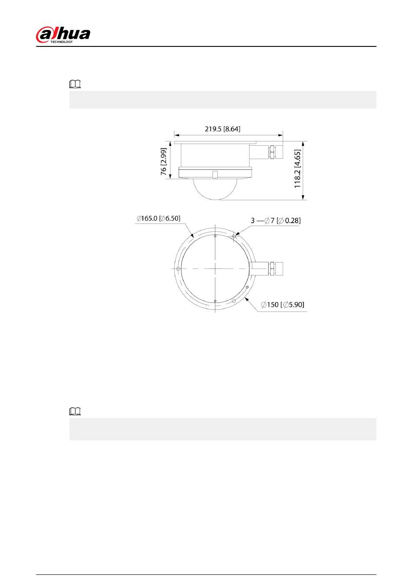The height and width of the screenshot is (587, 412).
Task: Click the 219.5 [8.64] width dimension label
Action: pos(222,129)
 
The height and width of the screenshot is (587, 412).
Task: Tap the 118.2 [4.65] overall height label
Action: pos(298,169)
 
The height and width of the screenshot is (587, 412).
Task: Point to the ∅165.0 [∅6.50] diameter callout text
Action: pos(158,218)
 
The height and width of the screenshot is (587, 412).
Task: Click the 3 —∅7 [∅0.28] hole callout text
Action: pos(275,221)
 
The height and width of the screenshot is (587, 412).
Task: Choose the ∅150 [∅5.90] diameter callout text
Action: pos(283,305)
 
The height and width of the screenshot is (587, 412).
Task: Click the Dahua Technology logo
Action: pos(63,35)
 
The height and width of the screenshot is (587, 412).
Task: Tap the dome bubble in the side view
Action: pos(215,189)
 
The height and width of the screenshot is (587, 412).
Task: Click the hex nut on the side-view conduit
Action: pos(272,152)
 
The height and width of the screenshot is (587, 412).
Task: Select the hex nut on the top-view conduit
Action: pos(272,269)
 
